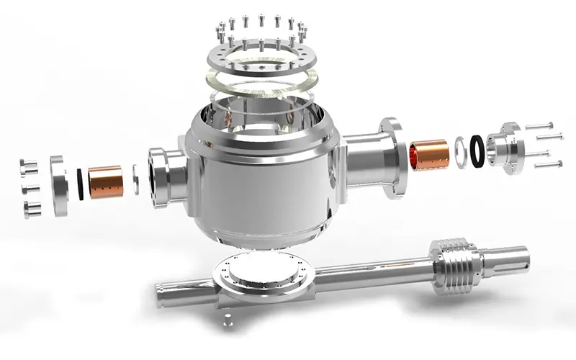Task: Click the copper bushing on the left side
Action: pyautogui.click(x=105, y=181)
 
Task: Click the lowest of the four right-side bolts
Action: pyautogui.click(x=549, y=165)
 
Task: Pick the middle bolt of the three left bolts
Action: pyautogui.click(x=30, y=189)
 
